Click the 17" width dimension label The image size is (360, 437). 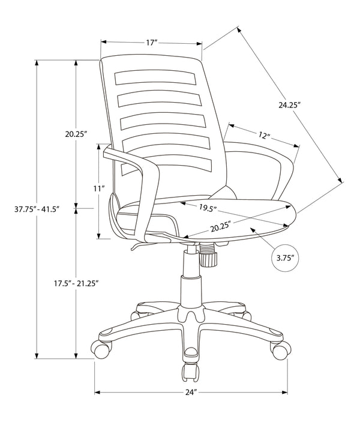tap(151, 43)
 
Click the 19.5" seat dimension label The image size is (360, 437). tap(208, 208)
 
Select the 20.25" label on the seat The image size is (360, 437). tap(221, 228)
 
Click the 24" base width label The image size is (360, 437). tap(191, 393)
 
